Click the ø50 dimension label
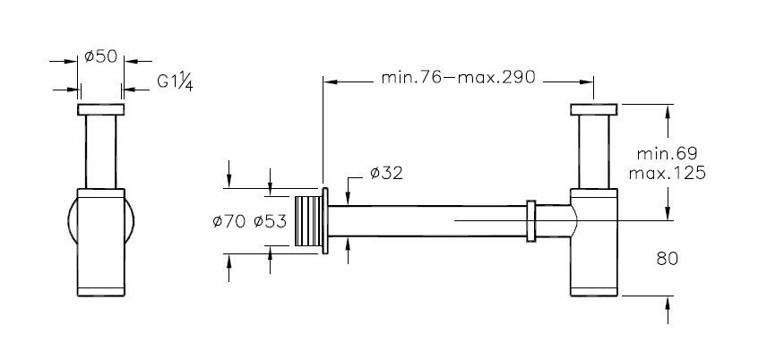tap(100, 56)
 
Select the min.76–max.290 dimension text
tap(458, 77)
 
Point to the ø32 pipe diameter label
tap(385, 173)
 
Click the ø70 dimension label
tap(230, 221)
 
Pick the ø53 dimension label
tap(271, 221)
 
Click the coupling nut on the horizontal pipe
tap(532, 221)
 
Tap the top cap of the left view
tap(100, 110)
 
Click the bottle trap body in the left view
tap(100, 242)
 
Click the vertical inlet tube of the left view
tap(100, 152)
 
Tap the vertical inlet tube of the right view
tap(593, 152)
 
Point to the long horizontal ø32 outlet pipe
tap(430, 221)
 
